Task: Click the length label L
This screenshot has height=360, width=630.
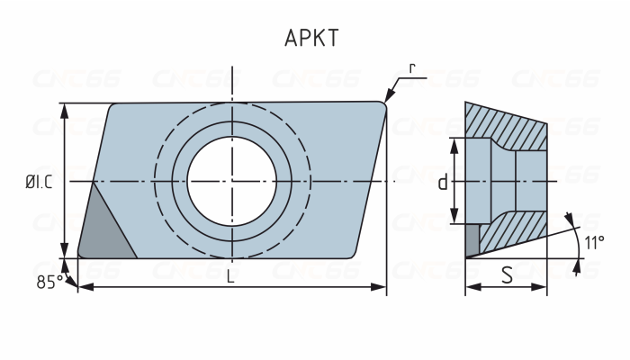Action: [x=230, y=277]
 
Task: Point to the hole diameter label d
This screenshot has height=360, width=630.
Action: [x=442, y=183]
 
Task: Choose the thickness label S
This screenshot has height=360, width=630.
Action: [x=507, y=275]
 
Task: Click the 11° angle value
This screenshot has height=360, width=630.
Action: [x=593, y=242]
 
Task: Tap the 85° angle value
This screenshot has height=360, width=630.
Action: [x=49, y=282]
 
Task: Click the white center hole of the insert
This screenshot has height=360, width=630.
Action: [x=231, y=180]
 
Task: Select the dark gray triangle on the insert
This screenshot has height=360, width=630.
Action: [x=103, y=233]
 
